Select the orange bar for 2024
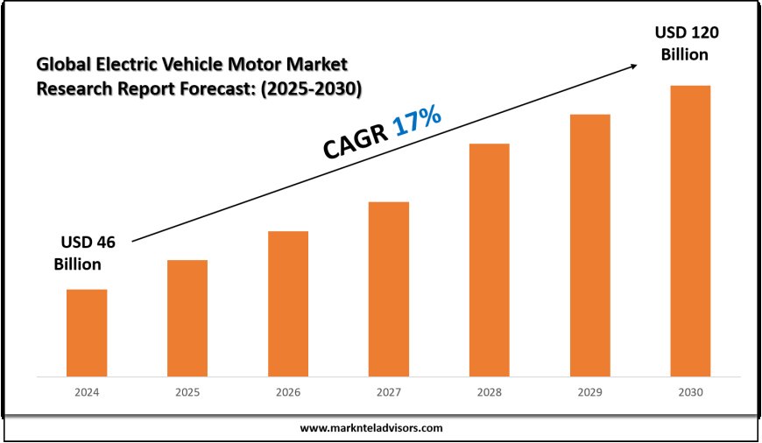(87, 333)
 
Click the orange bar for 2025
(187, 318)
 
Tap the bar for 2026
(288, 304)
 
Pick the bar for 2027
(389, 289)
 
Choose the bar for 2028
(489, 260)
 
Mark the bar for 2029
(589, 245)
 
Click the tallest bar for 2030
(690, 231)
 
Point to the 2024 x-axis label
(87, 393)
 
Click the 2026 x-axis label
(288, 393)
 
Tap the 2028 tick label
(489, 393)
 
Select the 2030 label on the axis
(690, 393)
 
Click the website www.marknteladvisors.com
(371, 428)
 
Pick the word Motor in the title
(240, 64)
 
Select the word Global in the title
(60, 64)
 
